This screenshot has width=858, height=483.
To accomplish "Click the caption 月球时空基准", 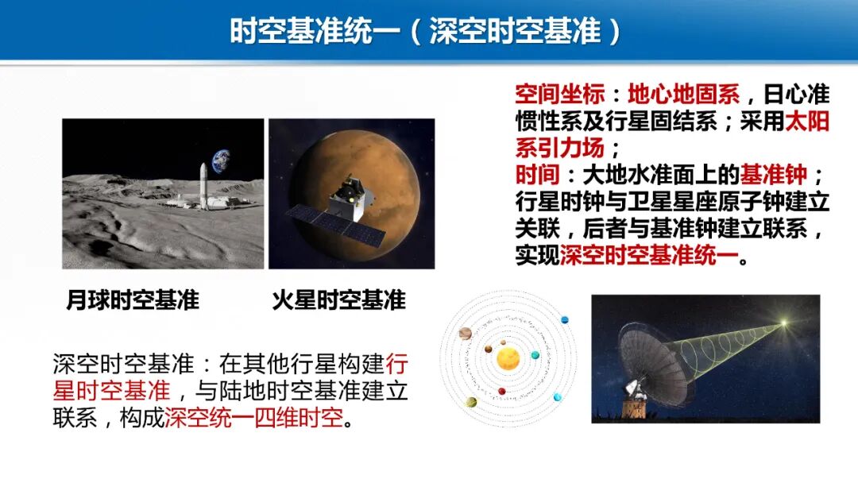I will click(133, 300).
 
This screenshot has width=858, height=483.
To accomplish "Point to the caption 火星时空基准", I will click(338, 300).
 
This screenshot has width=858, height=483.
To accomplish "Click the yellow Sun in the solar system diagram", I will click(508, 359).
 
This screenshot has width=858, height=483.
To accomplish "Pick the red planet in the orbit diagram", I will click(502, 392).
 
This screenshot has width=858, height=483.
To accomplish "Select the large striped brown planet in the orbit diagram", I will click(466, 333).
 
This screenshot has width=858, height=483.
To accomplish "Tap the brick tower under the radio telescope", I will click(633, 408).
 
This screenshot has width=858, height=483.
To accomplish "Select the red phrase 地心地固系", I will click(682, 95).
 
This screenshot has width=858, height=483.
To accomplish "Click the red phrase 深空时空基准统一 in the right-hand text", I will click(649, 256).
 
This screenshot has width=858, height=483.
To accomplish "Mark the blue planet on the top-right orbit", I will click(565, 320).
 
